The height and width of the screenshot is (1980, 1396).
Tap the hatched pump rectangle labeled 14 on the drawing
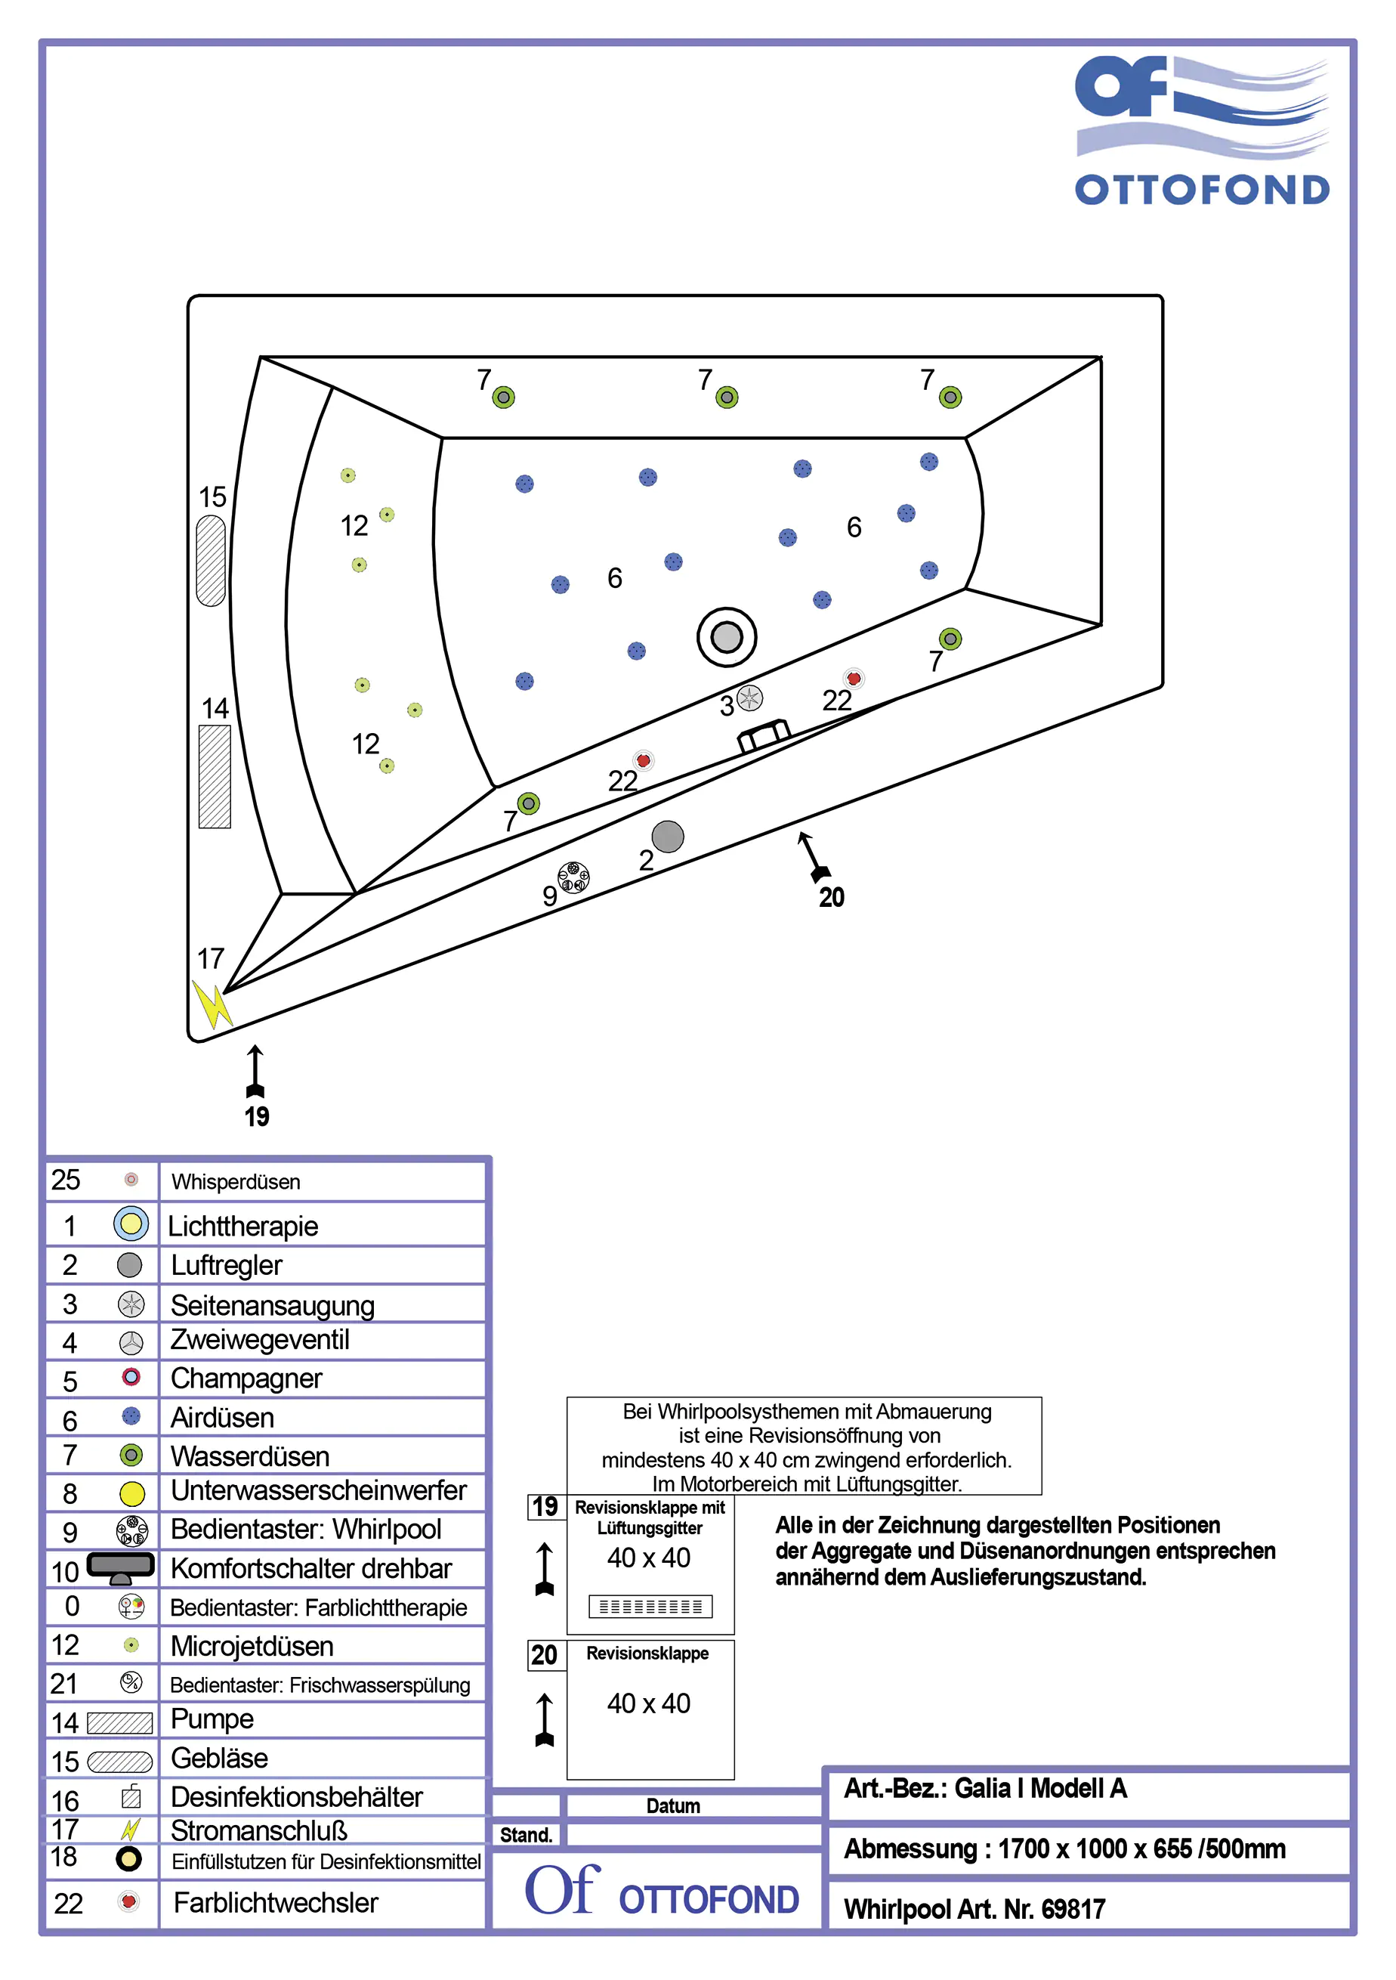[215, 777]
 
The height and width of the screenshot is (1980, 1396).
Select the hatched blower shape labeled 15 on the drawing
[212, 561]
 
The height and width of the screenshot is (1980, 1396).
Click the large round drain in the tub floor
[726, 637]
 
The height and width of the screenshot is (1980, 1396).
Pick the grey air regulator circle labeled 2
[667, 837]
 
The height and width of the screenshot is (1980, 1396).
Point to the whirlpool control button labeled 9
[573, 878]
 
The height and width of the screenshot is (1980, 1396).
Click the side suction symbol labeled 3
[749, 698]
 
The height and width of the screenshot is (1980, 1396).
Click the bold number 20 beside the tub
[831, 898]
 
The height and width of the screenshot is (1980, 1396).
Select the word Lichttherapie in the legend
[243, 1227]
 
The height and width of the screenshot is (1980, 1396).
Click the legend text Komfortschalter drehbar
[311, 1569]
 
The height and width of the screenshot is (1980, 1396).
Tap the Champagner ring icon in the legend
[131, 1377]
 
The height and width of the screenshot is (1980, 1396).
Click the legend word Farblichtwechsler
[276, 1902]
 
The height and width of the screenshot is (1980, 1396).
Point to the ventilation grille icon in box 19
[650, 1607]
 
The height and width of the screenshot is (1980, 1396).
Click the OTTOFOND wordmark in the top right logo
[1201, 190]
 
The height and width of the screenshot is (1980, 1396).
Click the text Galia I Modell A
[1041, 1789]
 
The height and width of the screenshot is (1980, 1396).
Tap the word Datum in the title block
[672, 1805]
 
